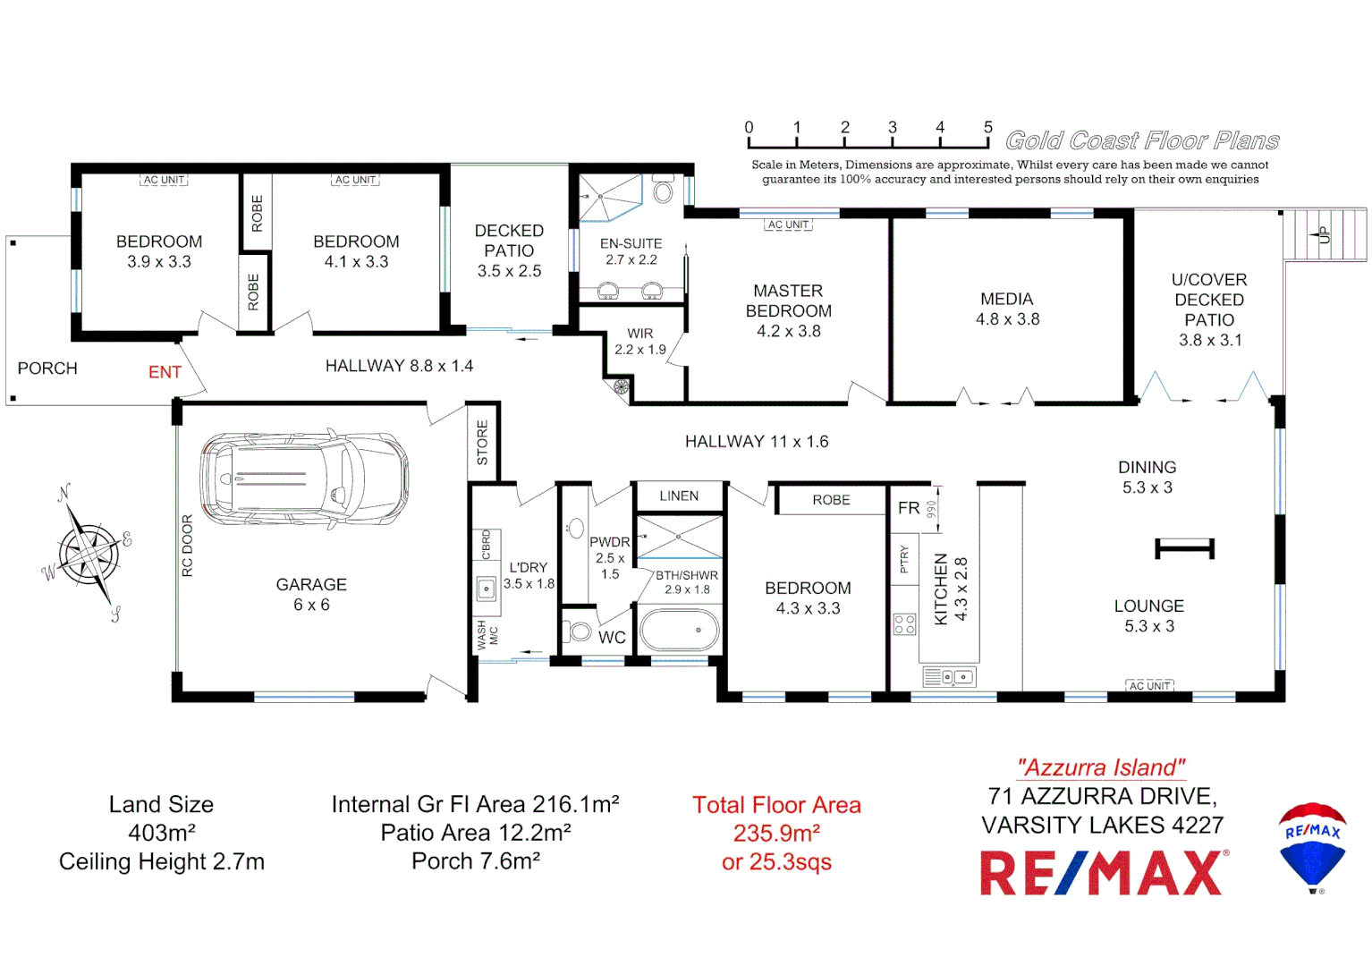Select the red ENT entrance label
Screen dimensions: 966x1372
[x=165, y=372]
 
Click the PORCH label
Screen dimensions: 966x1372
[x=47, y=369]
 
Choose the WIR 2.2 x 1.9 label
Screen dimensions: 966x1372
[x=640, y=341]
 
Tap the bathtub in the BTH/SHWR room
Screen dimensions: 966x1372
[x=680, y=630]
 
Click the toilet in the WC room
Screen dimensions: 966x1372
[x=580, y=631]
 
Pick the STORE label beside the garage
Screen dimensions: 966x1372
[x=483, y=443]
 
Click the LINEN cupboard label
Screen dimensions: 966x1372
[x=679, y=496]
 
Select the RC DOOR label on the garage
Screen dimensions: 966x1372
[x=187, y=546]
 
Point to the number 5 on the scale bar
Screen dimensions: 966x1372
[x=987, y=127]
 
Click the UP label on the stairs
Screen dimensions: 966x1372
[x=1324, y=235]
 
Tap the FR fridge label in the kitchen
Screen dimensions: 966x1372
[x=909, y=508]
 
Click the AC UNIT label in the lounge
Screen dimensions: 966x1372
[x=1149, y=686]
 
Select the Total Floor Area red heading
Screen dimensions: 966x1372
[x=776, y=805]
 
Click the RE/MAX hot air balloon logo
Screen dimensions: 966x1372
[x=1312, y=846]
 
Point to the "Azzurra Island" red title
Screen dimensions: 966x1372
[x=1101, y=767]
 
